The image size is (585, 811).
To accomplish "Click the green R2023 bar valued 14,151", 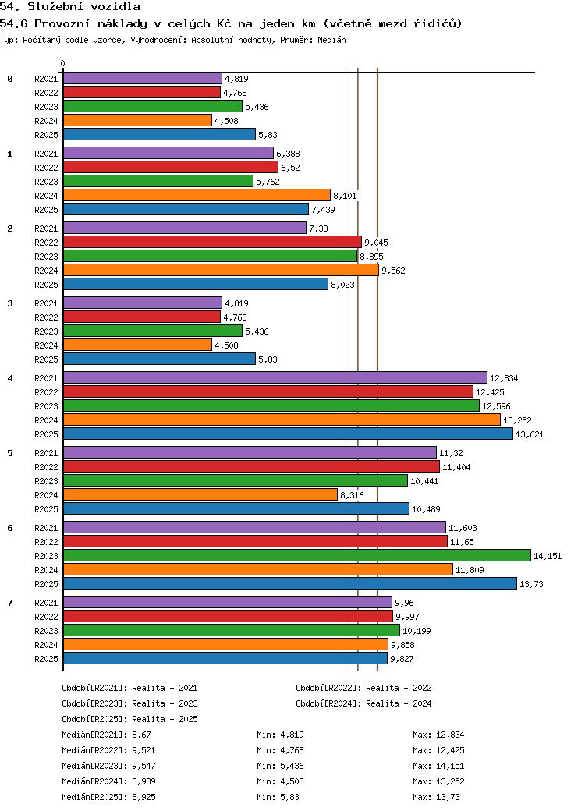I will (296, 555).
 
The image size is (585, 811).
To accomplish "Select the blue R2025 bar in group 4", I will (288, 434).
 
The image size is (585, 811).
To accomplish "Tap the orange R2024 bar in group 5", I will (200, 494).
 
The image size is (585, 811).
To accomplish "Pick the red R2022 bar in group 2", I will (212, 242).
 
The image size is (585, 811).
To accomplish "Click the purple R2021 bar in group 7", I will (227, 602).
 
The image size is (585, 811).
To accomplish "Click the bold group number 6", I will (10, 528).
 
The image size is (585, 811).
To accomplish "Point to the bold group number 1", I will (10, 154).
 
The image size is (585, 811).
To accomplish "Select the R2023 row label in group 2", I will (46, 257).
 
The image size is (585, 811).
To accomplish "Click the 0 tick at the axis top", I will (63, 63).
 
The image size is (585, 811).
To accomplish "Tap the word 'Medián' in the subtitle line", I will (331, 39).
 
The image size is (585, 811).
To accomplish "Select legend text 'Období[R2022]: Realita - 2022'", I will (363, 688).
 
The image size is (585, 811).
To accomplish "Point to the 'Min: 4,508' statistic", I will (280, 781).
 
